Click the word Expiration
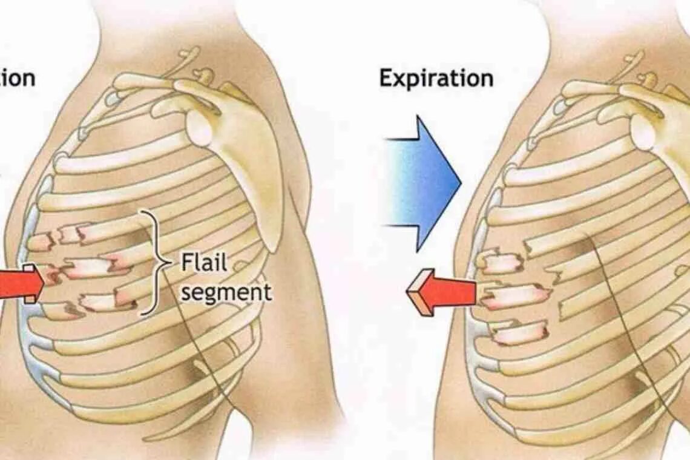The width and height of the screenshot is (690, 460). click(x=436, y=79)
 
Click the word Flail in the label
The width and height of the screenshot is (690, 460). click(x=204, y=263)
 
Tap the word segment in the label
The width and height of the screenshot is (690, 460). click(x=226, y=292)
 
